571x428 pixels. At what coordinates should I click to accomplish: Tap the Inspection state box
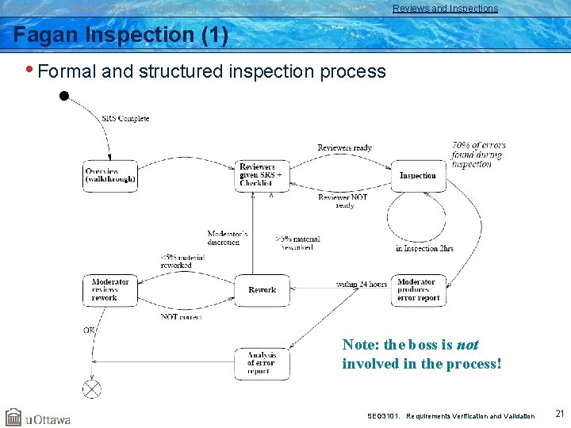click(x=418, y=175)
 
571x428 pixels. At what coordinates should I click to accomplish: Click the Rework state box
click(x=262, y=290)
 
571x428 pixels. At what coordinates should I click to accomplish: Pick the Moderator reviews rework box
click(x=110, y=290)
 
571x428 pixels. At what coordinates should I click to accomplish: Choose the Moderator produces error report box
click(x=418, y=290)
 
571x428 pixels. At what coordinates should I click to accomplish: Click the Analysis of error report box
click(x=262, y=364)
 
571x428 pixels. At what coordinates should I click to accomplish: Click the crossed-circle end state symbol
click(x=93, y=389)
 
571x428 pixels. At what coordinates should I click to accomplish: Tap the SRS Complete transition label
click(x=125, y=119)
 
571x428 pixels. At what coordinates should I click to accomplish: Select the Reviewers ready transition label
click(x=344, y=148)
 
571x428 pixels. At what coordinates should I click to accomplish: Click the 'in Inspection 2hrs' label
click(x=424, y=248)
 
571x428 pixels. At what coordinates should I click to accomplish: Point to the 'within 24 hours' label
click(x=362, y=283)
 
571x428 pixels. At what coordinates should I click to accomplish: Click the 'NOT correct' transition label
click(x=181, y=316)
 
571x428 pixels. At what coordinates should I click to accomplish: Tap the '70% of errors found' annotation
click(x=478, y=155)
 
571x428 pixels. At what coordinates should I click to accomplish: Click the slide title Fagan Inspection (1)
click(x=121, y=36)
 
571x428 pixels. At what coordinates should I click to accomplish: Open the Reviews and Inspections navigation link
click(x=445, y=9)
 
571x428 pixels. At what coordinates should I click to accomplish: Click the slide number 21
click(x=559, y=414)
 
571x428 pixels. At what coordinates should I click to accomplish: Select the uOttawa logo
click(x=38, y=418)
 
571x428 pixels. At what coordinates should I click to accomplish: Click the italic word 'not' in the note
click(x=467, y=345)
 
